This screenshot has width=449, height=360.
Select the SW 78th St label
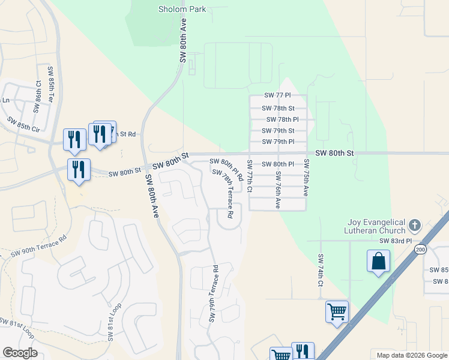click(x=278, y=109)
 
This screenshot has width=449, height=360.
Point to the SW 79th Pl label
click(x=278, y=142)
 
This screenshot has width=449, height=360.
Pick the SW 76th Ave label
click(x=278, y=190)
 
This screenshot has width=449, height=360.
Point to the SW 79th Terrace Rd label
click(x=213, y=293)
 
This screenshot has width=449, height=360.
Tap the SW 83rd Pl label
click(x=396, y=241)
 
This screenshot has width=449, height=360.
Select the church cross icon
click(x=414, y=226)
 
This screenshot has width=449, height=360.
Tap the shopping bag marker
click(x=378, y=262)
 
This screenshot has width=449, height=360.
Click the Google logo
click(x=19, y=353)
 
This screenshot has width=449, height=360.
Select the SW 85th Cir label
click(x=24, y=124)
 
